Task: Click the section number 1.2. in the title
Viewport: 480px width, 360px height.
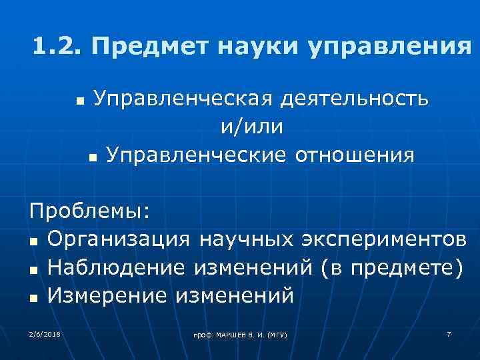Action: [x=57, y=48]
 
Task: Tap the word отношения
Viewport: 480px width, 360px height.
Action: [x=354, y=155]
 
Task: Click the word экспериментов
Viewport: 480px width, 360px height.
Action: [x=390, y=239]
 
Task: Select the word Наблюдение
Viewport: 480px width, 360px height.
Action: [x=117, y=267]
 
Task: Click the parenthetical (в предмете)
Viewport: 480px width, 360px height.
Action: [x=389, y=267]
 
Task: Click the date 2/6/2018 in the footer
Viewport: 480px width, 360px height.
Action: [x=45, y=333]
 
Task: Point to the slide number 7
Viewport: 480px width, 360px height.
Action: [x=449, y=333]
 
